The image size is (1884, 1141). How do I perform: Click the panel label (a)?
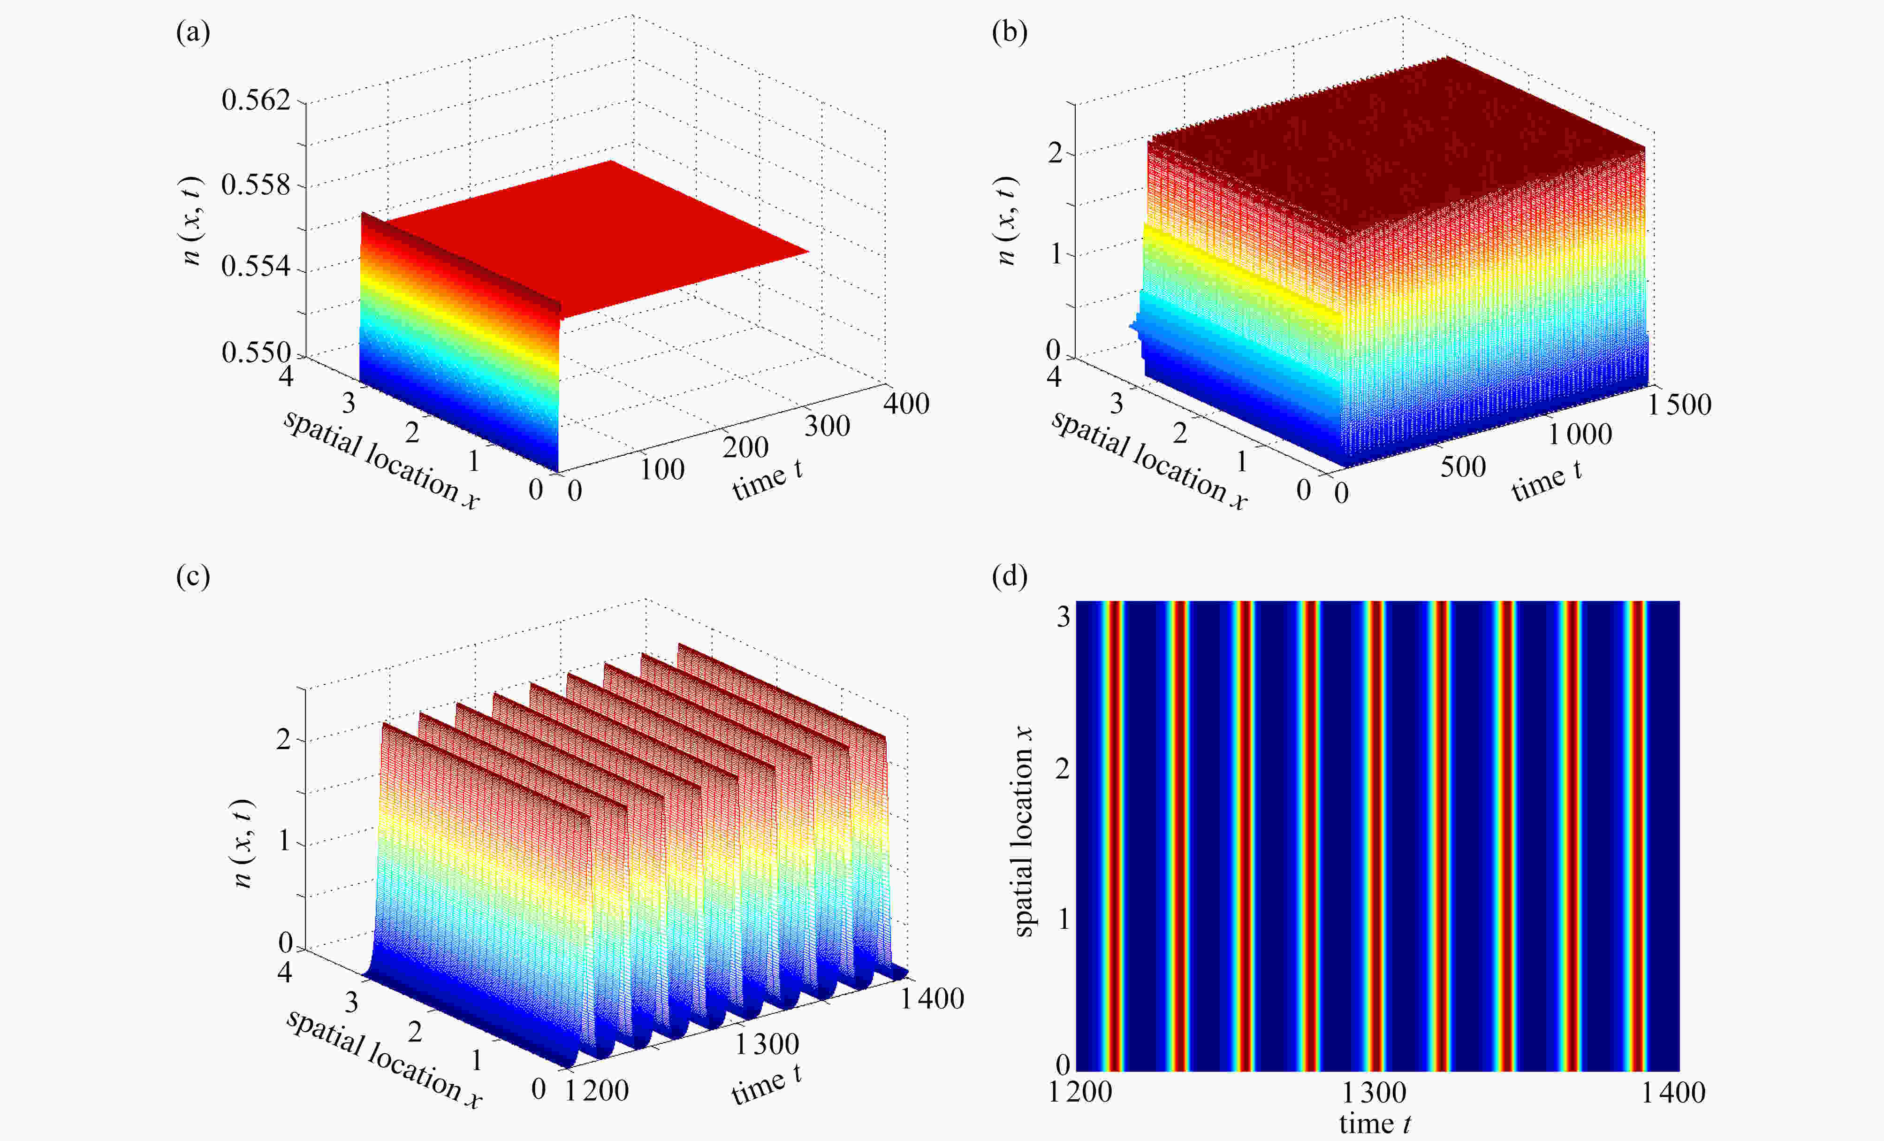coord(193,33)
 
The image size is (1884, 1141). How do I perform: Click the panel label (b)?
coord(1009,33)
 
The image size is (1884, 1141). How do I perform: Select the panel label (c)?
coord(193,576)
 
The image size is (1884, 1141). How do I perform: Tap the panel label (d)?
coord(1009,576)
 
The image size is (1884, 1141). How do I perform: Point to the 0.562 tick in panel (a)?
coord(256,100)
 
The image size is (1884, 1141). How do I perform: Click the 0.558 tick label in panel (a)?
coord(256,185)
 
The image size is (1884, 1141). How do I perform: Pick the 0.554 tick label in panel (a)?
coord(256,267)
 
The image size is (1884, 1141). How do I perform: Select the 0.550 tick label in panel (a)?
coord(256,352)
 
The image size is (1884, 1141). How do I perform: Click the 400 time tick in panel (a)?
coord(906,404)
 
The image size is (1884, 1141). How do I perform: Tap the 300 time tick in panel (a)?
coord(828,426)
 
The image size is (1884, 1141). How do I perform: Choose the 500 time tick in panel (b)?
coord(1463,467)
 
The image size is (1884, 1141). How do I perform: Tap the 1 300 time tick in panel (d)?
coord(1374,1093)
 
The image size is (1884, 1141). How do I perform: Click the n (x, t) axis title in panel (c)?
coord(243,843)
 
